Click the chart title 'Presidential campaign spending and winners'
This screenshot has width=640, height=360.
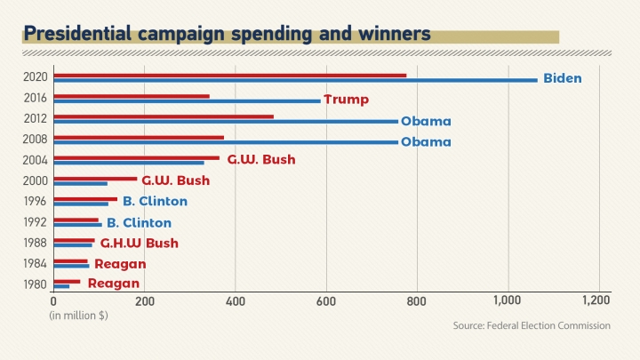[x=228, y=35]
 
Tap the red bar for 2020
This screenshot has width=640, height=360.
[x=230, y=75]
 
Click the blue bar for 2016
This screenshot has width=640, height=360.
[x=187, y=101]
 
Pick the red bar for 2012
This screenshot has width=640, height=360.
[x=164, y=116]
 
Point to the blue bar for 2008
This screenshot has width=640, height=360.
[x=226, y=142]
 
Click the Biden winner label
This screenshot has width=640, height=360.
[x=562, y=78]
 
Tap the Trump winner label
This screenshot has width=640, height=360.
[x=346, y=99]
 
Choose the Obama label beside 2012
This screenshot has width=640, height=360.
[x=426, y=121]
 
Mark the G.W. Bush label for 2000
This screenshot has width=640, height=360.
[x=175, y=180]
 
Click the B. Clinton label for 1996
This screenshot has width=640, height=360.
[x=155, y=202]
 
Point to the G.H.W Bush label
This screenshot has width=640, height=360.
[x=139, y=243]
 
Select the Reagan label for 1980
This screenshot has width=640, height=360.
[x=113, y=284]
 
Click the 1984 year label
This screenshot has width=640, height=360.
[x=36, y=263]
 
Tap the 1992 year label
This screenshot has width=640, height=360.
[x=36, y=222]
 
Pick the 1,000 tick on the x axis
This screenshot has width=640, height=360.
[x=507, y=301]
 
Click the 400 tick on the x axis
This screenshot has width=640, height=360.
[x=236, y=301]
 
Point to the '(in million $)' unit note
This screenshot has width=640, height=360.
[x=78, y=316]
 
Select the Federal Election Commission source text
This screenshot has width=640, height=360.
[x=531, y=326]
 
